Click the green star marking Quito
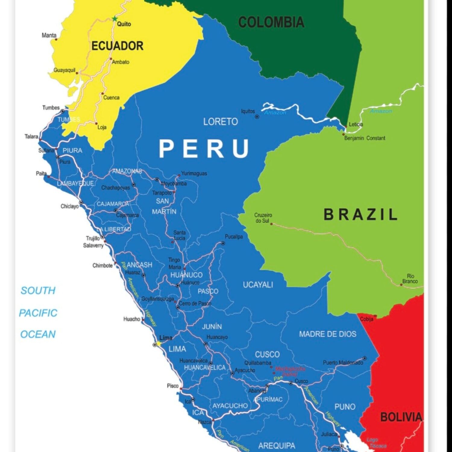115,19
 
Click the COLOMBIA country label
271,23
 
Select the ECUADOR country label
117,46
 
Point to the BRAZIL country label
360,215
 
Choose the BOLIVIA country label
401,417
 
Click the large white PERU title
204,149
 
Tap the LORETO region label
220,122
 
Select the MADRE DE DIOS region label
328,334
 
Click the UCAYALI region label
258,285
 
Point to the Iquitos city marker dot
257,117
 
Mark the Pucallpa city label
234,237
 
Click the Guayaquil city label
64,70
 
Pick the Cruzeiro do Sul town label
263,218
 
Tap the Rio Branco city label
410,279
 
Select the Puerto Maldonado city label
343,363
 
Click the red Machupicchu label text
290,371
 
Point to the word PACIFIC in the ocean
38,313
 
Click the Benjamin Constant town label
365,138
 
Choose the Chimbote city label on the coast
102,265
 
